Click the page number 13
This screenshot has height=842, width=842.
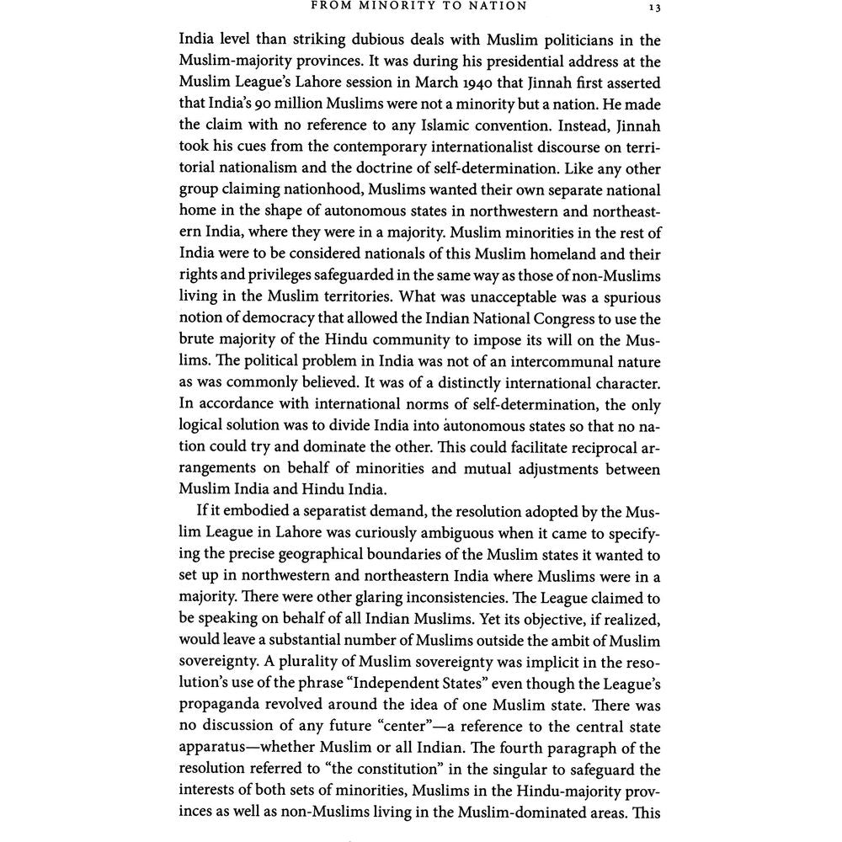pos(654,7)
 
